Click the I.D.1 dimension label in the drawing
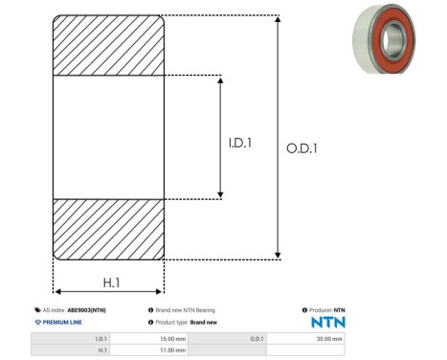240,143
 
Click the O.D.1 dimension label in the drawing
302,148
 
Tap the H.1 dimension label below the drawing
111,282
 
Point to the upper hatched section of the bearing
108,45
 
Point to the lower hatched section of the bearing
108,230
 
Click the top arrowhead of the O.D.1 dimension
278,19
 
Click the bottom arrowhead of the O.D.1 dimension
278,256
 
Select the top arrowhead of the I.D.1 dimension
220,79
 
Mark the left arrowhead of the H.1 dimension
58,291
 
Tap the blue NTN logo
328,323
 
